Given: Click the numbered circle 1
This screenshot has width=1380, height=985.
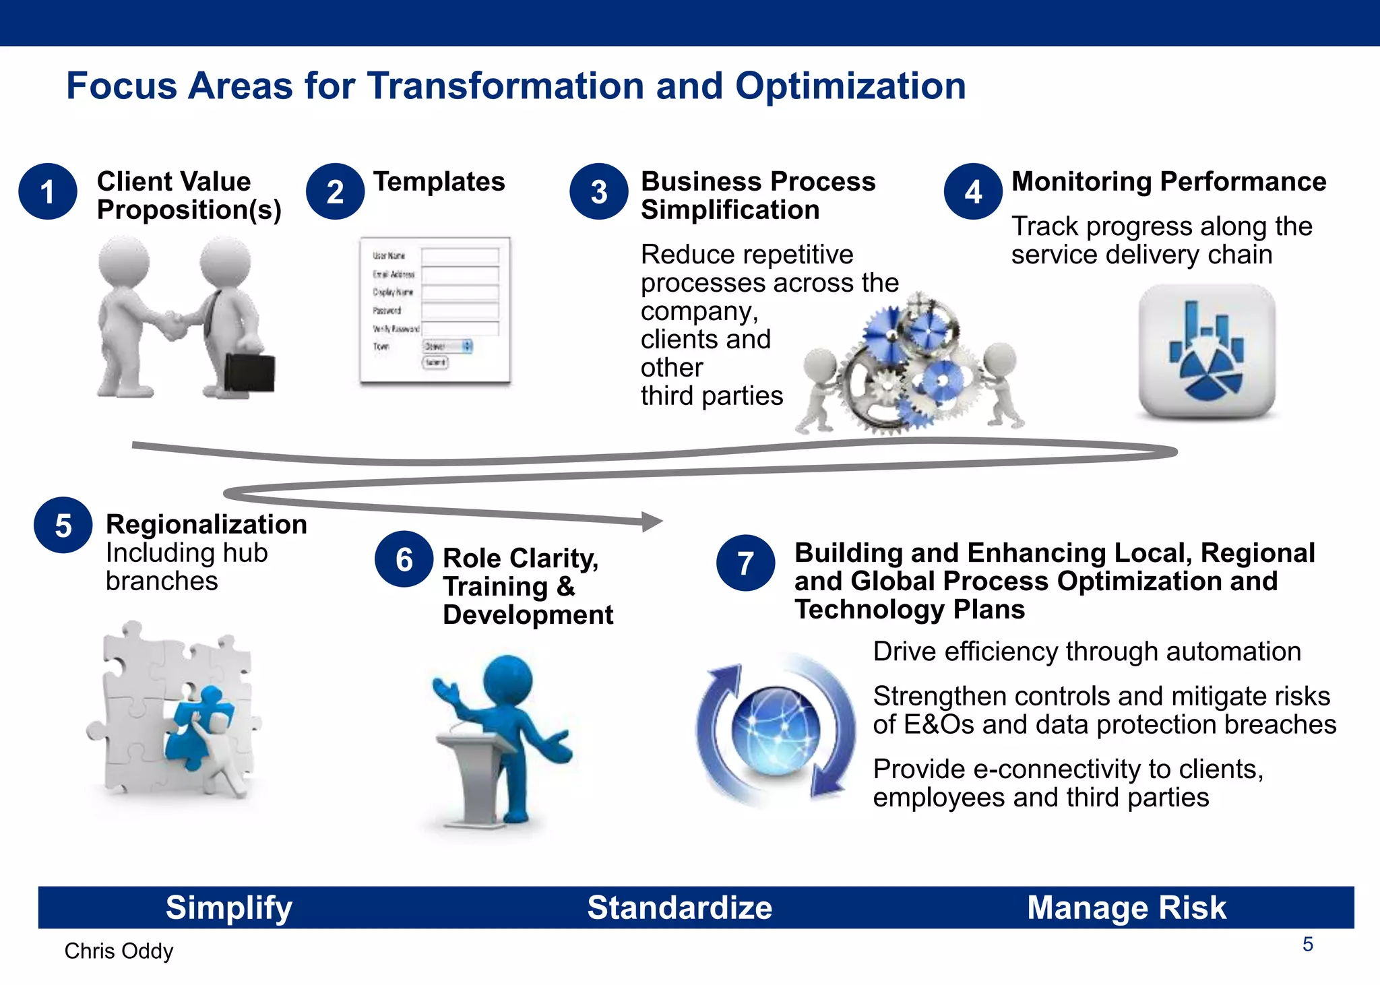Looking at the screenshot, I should point(47,192).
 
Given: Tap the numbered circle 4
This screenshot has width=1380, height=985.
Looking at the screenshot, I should point(973,192).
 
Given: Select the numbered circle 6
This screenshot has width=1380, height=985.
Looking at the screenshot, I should point(404,559).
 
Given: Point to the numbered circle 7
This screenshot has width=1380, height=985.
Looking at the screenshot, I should point(745,563).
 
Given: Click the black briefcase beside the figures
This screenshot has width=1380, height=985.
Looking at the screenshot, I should point(249,372).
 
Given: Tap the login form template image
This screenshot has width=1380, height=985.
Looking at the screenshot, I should point(435,311).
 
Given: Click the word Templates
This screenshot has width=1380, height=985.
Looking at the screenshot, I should point(439,182).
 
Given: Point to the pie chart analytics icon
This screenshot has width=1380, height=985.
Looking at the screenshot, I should point(1206,350).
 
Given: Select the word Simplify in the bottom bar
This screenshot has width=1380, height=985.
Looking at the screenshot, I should point(229,908).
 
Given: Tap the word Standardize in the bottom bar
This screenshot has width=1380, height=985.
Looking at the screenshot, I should point(679,908).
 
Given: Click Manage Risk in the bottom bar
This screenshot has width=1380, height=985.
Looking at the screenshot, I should point(1126,908).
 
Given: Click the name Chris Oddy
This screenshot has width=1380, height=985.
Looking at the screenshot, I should point(119,951).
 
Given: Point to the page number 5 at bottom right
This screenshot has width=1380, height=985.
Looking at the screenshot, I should point(1307,945).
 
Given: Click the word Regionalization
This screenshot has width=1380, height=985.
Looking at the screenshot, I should point(206,524).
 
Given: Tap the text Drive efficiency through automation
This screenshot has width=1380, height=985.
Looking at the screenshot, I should point(1086,652).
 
